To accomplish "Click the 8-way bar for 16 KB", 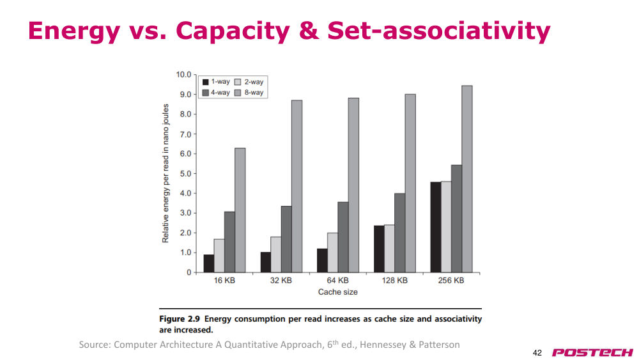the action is click(x=240, y=210).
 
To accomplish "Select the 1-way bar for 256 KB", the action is click(x=436, y=227).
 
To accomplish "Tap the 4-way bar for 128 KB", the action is click(x=400, y=233).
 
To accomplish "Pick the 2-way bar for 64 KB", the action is click(x=332, y=253).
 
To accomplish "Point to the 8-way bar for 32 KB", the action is click(x=297, y=186).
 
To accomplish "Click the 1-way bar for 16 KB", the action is click(x=209, y=263).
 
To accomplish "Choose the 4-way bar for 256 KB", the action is click(x=456, y=219).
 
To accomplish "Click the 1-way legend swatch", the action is click(x=205, y=82).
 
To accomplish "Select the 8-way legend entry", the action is click(x=249, y=93).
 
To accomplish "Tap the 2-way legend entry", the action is click(x=249, y=82).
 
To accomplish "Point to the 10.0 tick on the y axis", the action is click(x=183, y=75).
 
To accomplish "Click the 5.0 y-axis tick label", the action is click(x=185, y=174).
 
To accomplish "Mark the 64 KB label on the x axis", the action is click(x=338, y=281).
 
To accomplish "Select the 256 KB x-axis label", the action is click(x=451, y=281).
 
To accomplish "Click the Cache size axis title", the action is click(x=338, y=292).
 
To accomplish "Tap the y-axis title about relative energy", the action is click(x=166, y=173).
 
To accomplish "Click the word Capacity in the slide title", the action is click(x=233, y=31).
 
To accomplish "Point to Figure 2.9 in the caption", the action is click(x=180, y=319).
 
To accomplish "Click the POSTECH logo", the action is click(x=592, y=352).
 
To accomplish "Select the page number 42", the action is click(x=537, y=353).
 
